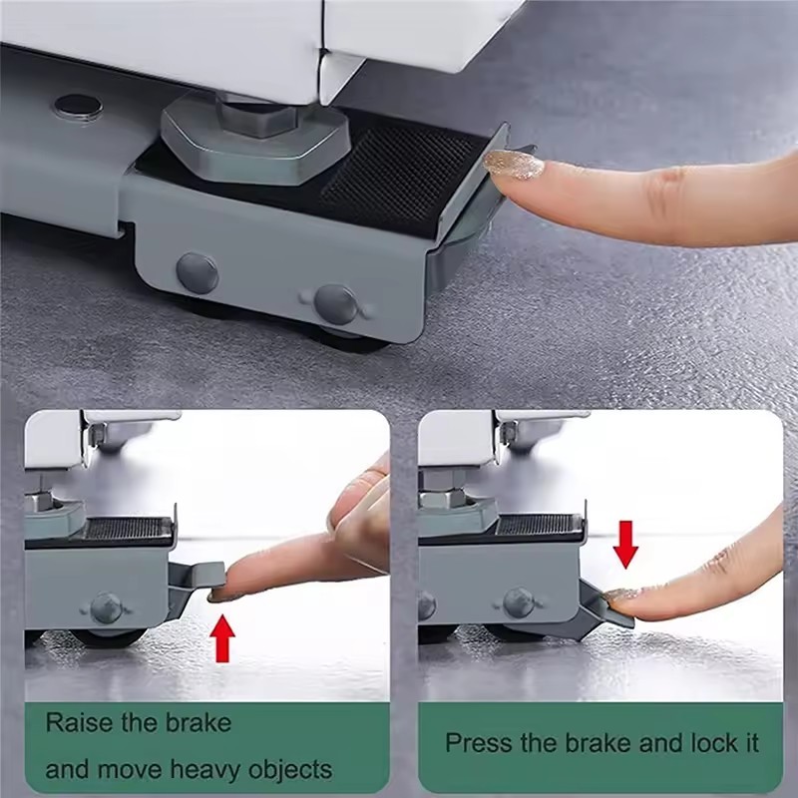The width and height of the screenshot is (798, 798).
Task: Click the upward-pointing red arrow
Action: (x=222, y=638)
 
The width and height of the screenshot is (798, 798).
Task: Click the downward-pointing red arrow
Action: (x=625, y=544)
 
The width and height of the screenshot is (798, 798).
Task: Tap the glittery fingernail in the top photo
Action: (x=513, y=165)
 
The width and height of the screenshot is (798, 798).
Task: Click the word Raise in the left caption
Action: (x=78, y=722)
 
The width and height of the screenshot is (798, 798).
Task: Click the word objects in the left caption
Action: (x=290, y=769)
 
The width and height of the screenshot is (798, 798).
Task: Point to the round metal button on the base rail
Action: (x=79, y=107)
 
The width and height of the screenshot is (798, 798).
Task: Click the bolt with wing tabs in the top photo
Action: (x=335, y=304)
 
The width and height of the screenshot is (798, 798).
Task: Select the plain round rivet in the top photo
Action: (x=198, y=272)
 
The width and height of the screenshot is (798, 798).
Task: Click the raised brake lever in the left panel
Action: (x=198, y=577)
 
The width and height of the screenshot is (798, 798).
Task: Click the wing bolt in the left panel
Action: (x=106, y=607)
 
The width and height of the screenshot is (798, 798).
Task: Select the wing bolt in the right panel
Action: (x=518, y=603)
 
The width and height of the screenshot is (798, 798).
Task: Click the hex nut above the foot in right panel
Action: (x=442, y=489)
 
